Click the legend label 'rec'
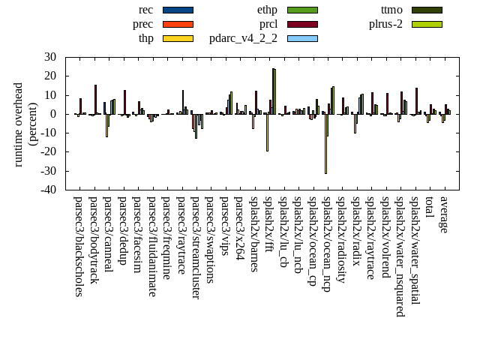coord(145,10)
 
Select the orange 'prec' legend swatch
coord(178,24)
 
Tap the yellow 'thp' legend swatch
coord(178,38)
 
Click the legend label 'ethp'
coord(266,10)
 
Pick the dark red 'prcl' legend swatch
coord(302,24)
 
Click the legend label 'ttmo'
coord(391,10)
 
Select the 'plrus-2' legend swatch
coord(427,24)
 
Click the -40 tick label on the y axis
coord(48,190)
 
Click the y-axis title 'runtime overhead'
coord(19,124)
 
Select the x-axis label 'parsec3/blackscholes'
coord(78,246)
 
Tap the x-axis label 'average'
coord(444,214)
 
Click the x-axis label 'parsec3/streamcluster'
coord(195,247)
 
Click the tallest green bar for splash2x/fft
coord(274,91)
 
